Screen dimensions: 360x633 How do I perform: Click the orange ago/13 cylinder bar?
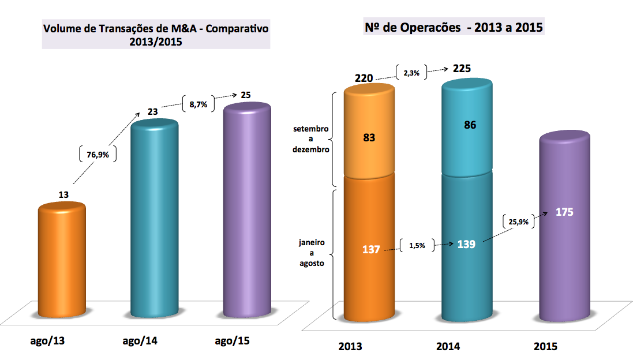tap(62, 262)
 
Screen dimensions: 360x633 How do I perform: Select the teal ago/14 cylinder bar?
tap(155, 219)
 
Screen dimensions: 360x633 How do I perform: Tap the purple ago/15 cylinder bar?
tap(247, 211)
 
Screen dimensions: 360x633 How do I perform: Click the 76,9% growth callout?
tap(98, 154)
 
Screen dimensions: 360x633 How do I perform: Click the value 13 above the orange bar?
tap(63, 196)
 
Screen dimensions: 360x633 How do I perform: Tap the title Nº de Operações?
tap(454, 27)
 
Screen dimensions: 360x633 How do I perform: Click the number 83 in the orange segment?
tap(369, 138)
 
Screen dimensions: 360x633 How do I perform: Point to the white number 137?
tap(370, 249)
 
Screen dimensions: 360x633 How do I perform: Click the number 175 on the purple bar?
tap(564, 212)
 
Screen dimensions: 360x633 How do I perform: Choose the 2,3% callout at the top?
tap(412, 73)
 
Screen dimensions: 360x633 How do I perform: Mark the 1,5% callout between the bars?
tap(416, 246)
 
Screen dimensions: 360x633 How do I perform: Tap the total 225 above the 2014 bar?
tap(462, 69)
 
